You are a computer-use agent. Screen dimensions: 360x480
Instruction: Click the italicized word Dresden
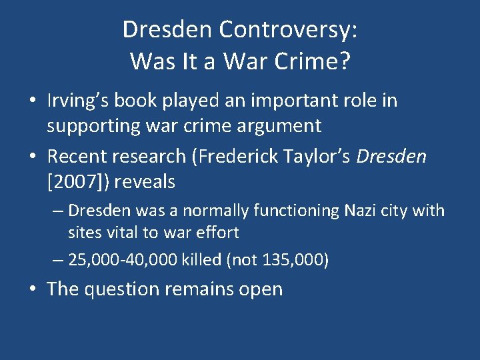pos(391,157)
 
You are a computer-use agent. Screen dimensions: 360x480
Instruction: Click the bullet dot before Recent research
pos(33,157)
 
